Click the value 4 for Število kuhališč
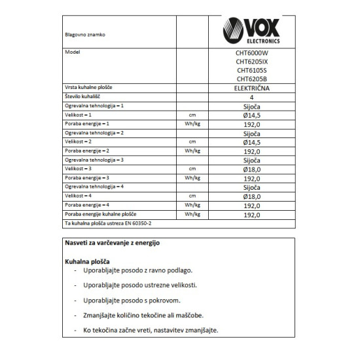pyautogui.click(x=252, y=96)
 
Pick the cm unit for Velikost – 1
pyautogui.click(x=192, y=114)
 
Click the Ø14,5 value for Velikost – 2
pyautogui.click(x=252, y=141)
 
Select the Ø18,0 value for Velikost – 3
pyautogui.click(x=252, y=169)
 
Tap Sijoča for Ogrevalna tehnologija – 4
pyautogui.click(x=252, y=187)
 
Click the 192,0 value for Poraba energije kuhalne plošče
pyautogui.click(x=252, y=214)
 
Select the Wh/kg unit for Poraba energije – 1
pyautogui.click(x=192, y=123)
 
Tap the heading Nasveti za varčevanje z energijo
pyautogui.click(x=111, y=242)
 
